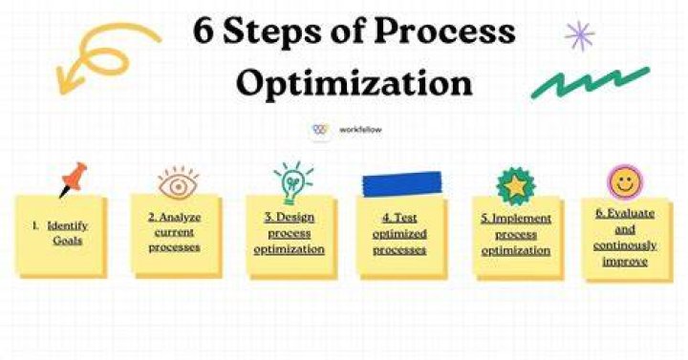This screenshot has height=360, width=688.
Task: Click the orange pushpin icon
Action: click(x=74, y=179)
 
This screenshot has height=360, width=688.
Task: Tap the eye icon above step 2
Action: click(x=178, y=184)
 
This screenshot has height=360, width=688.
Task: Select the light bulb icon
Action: click(x=292, y=182)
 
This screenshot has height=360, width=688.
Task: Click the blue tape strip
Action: click(x=402, y=183)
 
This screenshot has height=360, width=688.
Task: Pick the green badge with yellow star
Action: click(x=516, y=186)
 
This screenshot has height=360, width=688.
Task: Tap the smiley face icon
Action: click(x=624, y=182)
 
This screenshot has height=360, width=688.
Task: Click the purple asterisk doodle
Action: click(x=579, y=35)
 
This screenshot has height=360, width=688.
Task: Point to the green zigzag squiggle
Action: click(x=591, y=82)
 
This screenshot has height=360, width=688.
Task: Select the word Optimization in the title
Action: click(x=355, y=83)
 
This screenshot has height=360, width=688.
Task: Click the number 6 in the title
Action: click(x=204, y=32)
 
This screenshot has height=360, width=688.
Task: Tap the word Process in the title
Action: click(x=445, y=32)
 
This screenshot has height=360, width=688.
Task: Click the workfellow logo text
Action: click(x=360, y=130)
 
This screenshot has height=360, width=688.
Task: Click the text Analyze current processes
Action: click(x=174, y=232)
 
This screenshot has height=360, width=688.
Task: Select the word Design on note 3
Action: click(x=295, y=217)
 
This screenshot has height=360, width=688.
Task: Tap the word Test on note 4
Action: click(x=406, y=218)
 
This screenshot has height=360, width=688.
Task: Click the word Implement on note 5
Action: click(x=522, y=219)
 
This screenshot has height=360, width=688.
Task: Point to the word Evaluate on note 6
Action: click(x=631, y=214)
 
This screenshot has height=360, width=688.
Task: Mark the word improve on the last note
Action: click(x=625, y=262)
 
